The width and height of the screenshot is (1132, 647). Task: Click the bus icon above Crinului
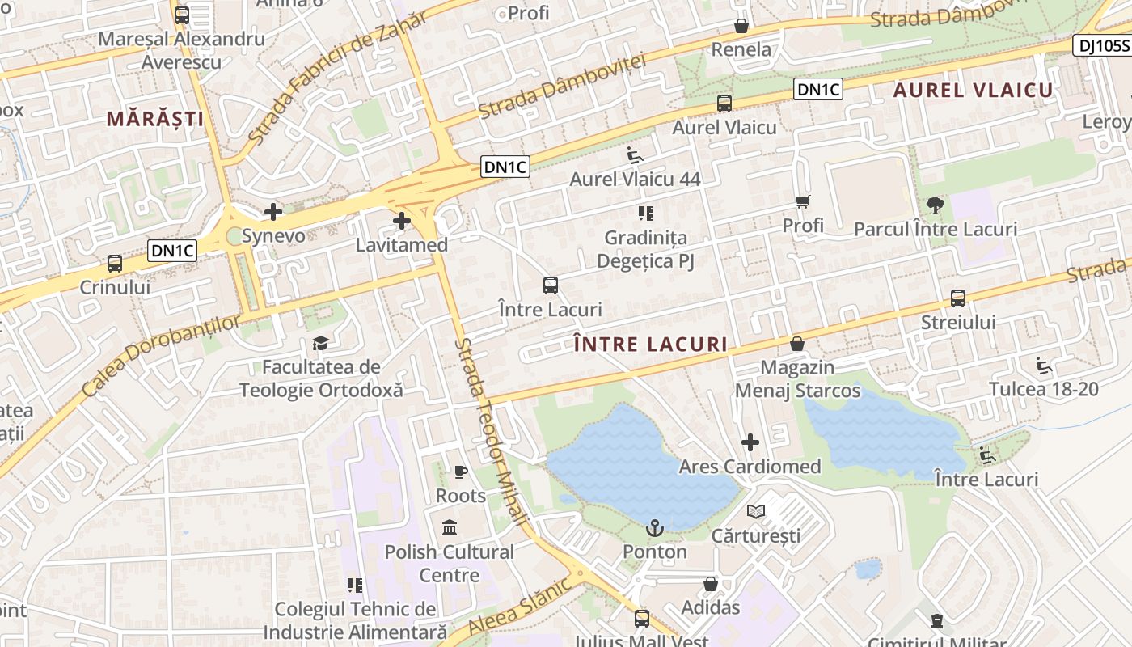[x=115, y=264]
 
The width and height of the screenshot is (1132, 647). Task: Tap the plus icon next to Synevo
[x=273, y=213]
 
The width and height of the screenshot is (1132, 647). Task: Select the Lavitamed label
[x=402, y=244]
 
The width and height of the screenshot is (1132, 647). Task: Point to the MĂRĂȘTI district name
[x=155, y=119]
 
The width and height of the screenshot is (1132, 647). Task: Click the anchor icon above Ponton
[x=655, y=529]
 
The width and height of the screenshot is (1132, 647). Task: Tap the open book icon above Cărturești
[x=756, y=512]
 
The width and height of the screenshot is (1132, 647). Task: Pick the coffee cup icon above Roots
[x=460, y=472]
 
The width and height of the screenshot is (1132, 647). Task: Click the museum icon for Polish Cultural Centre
[x=450, y=529]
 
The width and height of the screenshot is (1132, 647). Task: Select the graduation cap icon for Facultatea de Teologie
[x=321, y=344]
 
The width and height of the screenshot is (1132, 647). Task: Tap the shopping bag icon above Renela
[x=741, y=27]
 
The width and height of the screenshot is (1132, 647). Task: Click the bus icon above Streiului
[x=958, y=298]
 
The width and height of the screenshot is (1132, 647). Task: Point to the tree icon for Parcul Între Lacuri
[x=936, y=205]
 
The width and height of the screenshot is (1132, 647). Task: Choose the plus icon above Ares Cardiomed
[x=750, y=442]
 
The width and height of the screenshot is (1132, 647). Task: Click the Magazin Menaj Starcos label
[x=797, y=378]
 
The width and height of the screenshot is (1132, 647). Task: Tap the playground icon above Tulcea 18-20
[x=1044, y=366]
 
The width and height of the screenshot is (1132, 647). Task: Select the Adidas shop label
[x=711, y=607]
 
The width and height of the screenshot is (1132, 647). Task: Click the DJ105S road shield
[x=1101, y=45]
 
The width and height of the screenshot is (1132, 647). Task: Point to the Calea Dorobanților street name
[x=162, y=356]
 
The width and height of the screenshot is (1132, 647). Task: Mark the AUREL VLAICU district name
[x=974, y=91]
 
